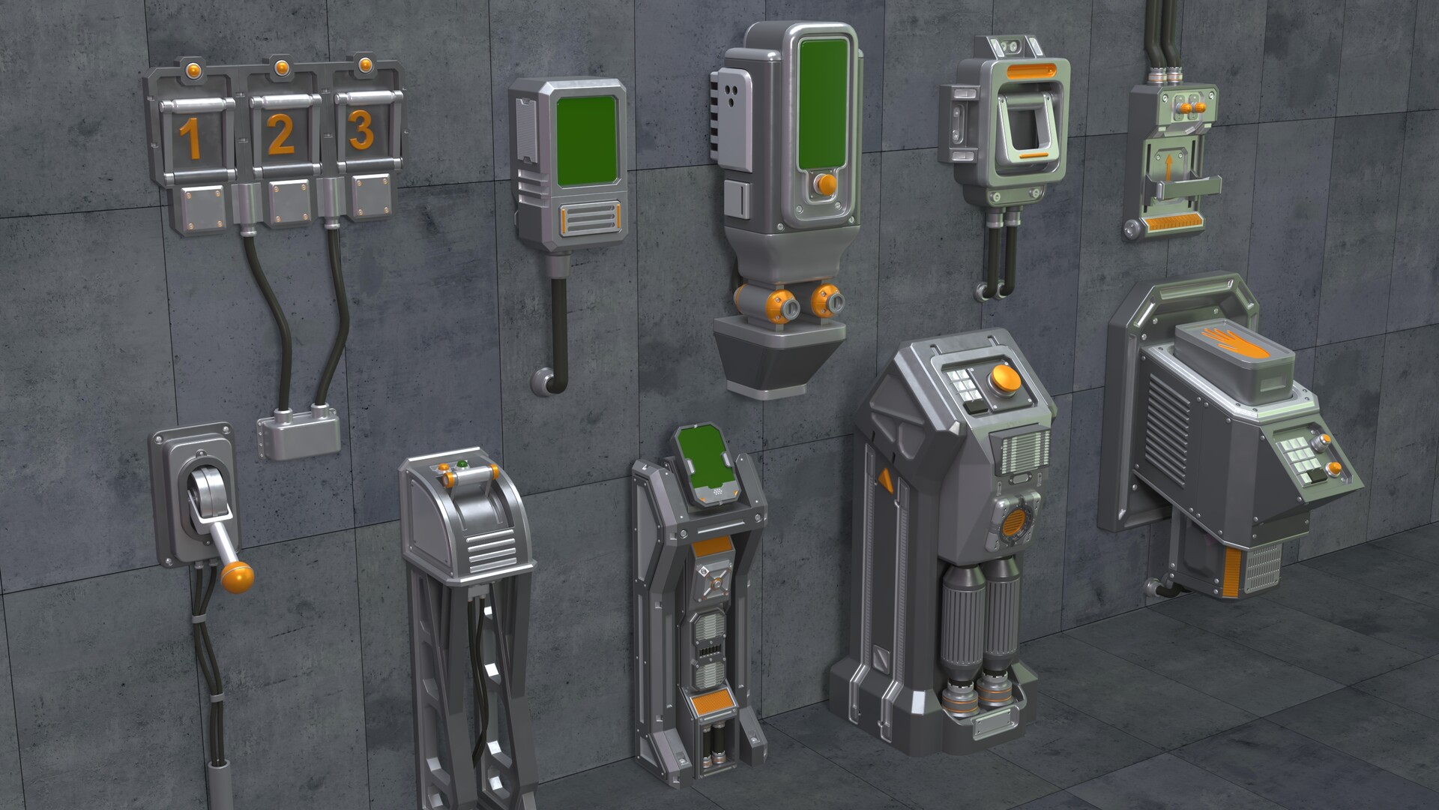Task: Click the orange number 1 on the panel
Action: coord(190,140)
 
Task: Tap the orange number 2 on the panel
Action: coord(279,136)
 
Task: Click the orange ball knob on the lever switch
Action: coord(238,577)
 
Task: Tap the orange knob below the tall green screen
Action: coord(825,184)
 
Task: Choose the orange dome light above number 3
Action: coord(365,64)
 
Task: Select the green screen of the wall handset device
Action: coord(588,140)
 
